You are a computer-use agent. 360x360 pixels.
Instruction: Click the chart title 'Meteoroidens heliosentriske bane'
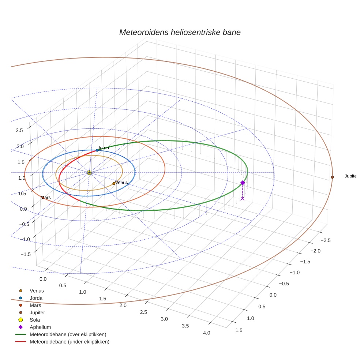click(x=180, y=32)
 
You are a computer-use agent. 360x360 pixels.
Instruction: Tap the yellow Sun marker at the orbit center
click(x=89, y=172)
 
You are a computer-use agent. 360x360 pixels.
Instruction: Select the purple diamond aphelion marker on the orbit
click(x=242, y=183)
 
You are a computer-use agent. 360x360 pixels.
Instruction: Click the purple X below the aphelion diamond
click(x=242, y=198)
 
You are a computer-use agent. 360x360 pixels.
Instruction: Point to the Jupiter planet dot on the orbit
click(x=332, y=177)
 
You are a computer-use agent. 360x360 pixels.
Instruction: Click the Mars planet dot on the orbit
click(x=43, y=198)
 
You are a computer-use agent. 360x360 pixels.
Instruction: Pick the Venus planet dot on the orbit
click(x=114, y=183)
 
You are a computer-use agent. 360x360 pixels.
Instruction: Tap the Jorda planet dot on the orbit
click(x=97, y=150)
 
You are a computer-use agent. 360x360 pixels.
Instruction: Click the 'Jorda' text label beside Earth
click(x=103, y=147)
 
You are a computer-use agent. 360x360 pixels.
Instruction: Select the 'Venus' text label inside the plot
click(x=121, y=182)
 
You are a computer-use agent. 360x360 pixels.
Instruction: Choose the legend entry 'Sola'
click(x=35, y=320)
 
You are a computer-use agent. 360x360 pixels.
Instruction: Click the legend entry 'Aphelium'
click(x=40, y=327)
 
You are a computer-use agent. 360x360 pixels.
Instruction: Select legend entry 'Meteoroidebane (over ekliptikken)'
click(x=68, y=334)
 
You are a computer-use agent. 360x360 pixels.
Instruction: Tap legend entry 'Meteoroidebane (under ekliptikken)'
click(x=69, y=342)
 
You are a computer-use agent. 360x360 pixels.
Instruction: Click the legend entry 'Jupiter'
click(x=37, y=312)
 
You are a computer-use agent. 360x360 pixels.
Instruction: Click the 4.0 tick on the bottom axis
click(x=206, y=333)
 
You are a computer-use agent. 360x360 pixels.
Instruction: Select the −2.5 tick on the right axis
click(x=326, y=240)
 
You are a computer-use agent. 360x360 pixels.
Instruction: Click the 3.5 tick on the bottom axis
click(x=185, y=326)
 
